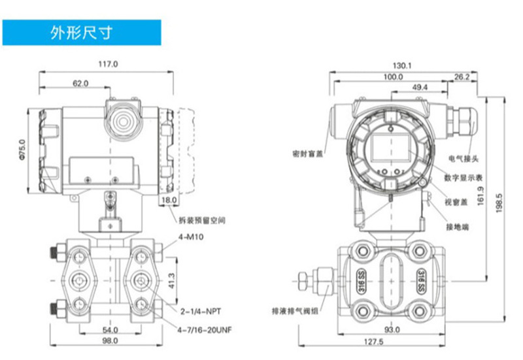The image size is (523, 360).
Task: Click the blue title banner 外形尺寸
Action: [x=82, y=32]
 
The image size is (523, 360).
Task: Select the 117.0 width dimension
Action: [x=108, y=63]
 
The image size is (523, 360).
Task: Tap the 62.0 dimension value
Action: [x=80, y=83]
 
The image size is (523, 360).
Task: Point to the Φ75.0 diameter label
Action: [x=22, y=150]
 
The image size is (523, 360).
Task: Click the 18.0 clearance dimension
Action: [x=169, y=200]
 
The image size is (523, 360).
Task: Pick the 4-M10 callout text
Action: [x=191, y=237]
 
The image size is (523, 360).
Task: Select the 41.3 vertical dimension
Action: [x=171, y=281]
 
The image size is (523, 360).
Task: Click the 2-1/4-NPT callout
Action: [x=201, y=312]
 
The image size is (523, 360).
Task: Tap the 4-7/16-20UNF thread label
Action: [x=205, y=330]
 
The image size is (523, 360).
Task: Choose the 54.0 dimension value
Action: [x=110, y=330]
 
